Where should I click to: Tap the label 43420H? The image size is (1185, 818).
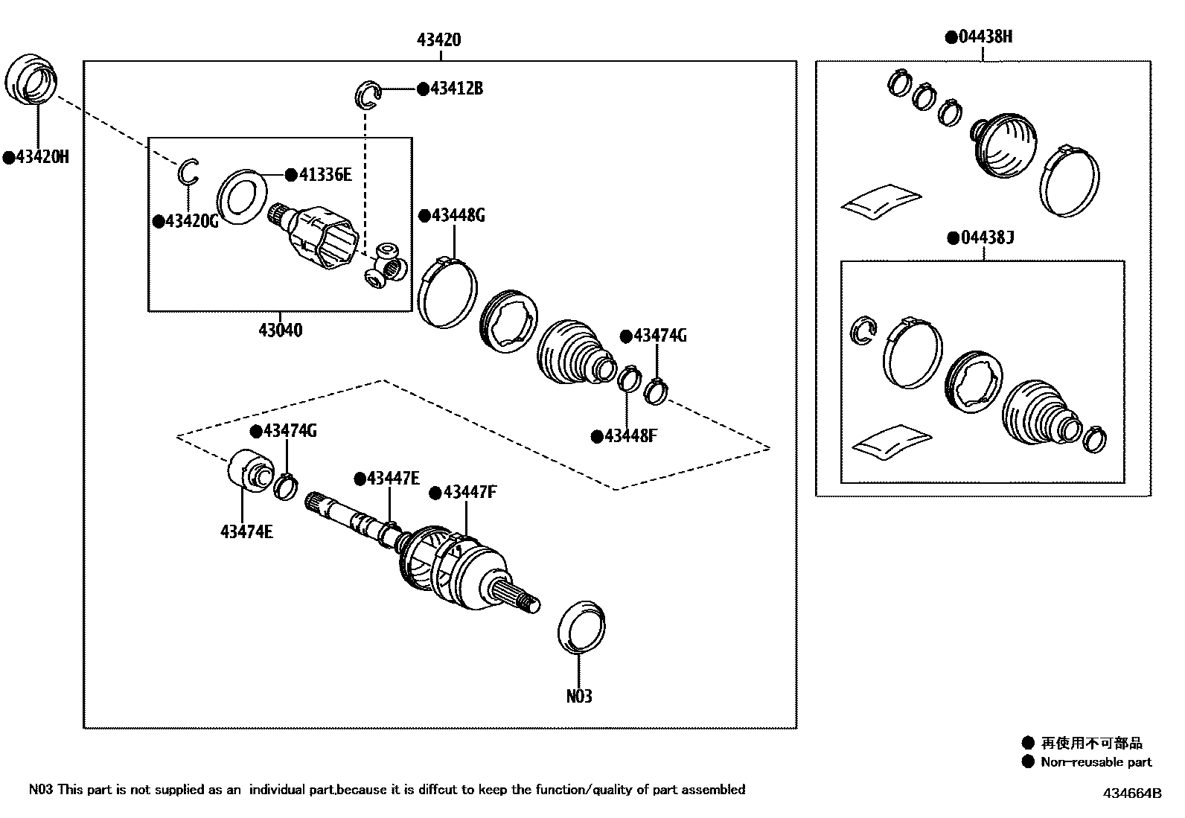click(42, 157)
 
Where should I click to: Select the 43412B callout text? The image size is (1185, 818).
click(456, 89)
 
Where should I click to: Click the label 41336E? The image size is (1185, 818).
click(325, 174)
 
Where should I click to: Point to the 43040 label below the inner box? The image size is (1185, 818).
click(281, 330)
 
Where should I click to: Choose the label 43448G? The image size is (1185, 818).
click(458, 215)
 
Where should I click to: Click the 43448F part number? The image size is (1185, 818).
click(630, 436)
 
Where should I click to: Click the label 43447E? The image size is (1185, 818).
click(393, 478)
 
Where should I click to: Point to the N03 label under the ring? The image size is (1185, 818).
click(579, 696)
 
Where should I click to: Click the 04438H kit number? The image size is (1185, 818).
click(985, 36)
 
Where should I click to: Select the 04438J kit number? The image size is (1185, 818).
click(987, 237)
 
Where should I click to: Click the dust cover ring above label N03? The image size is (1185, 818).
click(581, 627)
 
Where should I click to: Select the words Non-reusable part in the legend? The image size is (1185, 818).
click(1096, 761)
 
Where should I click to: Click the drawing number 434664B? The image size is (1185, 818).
click(1131, 793)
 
